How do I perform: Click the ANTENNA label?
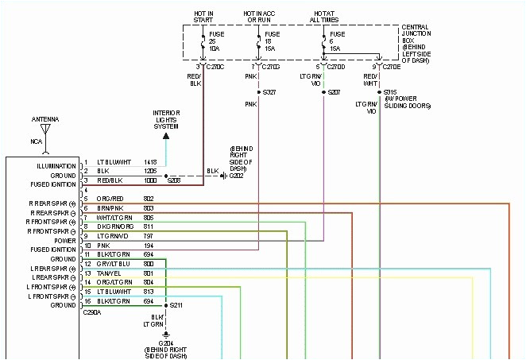[x=46, y=119]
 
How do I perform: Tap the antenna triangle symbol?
[x=46, y=129]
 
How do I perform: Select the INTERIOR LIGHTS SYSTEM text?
[x=166, y=119]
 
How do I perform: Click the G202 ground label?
[x=237, y=176]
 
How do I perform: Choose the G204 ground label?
[x=167, y=343]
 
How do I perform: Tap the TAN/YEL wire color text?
[x=108, y=273]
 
